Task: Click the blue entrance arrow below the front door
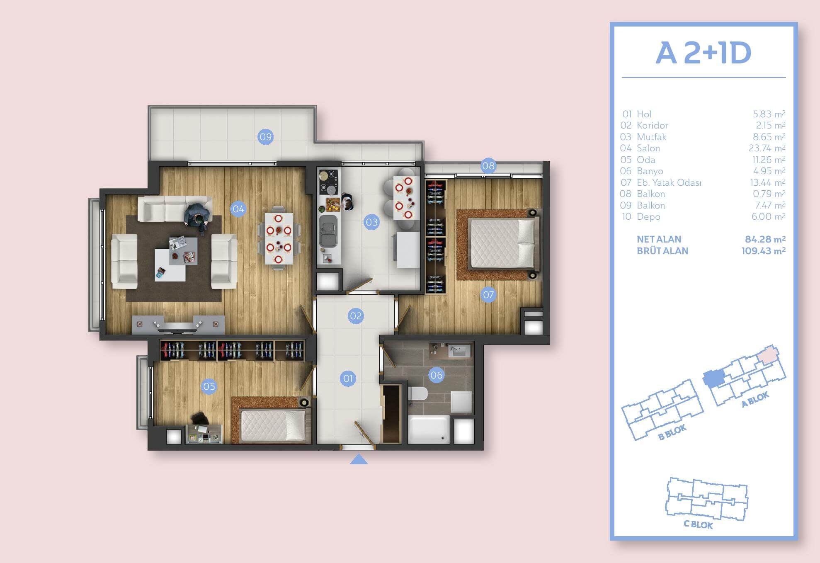click(x=359, y=459)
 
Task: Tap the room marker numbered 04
click(x=238, y=209)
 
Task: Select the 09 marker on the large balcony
click(x=265, y=137)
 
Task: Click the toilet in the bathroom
click(x=417, y=393)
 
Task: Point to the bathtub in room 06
click(x=429, y=430)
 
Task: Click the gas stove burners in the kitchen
click(x=328, y=182)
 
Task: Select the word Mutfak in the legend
click(x=652, y=137)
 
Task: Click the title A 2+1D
click(x=704, y=53)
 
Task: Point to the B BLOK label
click(x=672, y=432)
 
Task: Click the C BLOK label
click(x=698, y=524)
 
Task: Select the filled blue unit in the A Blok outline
click(x=713, y=378)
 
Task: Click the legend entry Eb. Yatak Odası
click(x=669, y=182)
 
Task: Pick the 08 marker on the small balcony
click(x=488, y=166)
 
